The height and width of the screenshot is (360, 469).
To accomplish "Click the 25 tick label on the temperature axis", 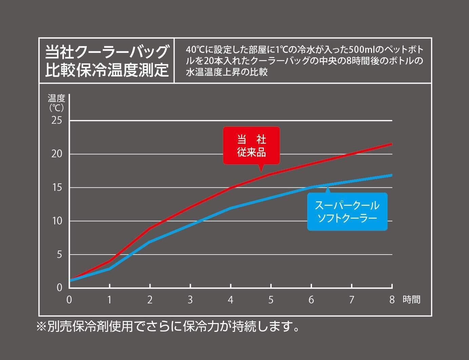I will pyautogui.click(x=57, y=120).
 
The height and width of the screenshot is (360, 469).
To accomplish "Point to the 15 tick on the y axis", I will pyautogui.click(x=57, y=187).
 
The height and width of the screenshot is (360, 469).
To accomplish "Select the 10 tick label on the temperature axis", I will pyautogui.click(x=57, y=221).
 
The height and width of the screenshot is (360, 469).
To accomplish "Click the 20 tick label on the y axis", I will pyautogui.click(x=57, y=154).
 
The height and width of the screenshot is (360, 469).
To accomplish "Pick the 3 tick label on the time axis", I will pyautogui.click(x=190, y=300).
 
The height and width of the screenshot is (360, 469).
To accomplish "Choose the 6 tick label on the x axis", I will pyautogui.click(x=311, y=300).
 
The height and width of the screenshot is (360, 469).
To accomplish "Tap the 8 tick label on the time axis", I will pyautogui.click(x=392, y=300).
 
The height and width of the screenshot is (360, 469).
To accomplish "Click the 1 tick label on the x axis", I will pyautogui.click(x=110, y=300).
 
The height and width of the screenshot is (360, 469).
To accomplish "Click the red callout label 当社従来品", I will pyautogui.click(x=251, y=146).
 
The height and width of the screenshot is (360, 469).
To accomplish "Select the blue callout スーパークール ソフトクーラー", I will pyautogui.click(x=347, y=212).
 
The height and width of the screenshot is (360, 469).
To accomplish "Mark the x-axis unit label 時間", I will pyautogui.click(x=412, y=300).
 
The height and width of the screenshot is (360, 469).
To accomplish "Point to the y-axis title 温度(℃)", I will pyautogui.click(x=56, y=103).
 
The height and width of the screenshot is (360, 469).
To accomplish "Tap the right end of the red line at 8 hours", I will pyautogui.click(x=392, y=144).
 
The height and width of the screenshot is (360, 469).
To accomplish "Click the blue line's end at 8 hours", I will pyautogui.click(x=392, y=175).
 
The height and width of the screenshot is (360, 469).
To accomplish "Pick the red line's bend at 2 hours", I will pyautogui.click(x=150, y=228).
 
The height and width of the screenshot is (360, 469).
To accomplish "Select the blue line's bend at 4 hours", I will pyautogui.click(x=231, y=208).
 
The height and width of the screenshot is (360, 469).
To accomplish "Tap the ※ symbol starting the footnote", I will pyautogui.click(x=42, y=327).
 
